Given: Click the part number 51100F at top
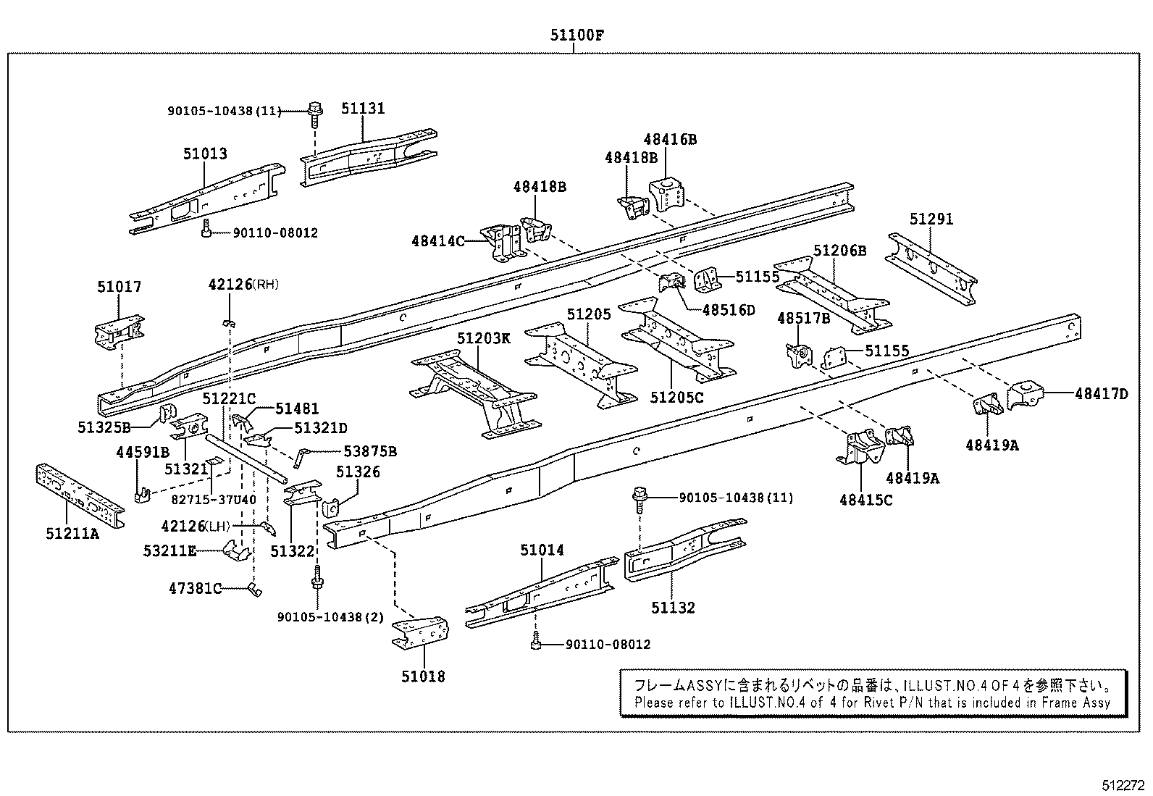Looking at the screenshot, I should [x=575, y=34].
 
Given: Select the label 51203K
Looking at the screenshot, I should [x=483, y=338].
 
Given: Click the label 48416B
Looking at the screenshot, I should [x=670, y=139].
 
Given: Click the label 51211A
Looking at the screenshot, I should [x=72, y=534].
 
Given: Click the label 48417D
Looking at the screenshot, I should [x=1101, y=394].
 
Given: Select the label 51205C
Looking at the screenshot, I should [x=676, y=398].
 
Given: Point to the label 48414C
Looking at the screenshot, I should [x=437, y=240].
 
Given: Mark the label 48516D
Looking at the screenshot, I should [x=728, y=310].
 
